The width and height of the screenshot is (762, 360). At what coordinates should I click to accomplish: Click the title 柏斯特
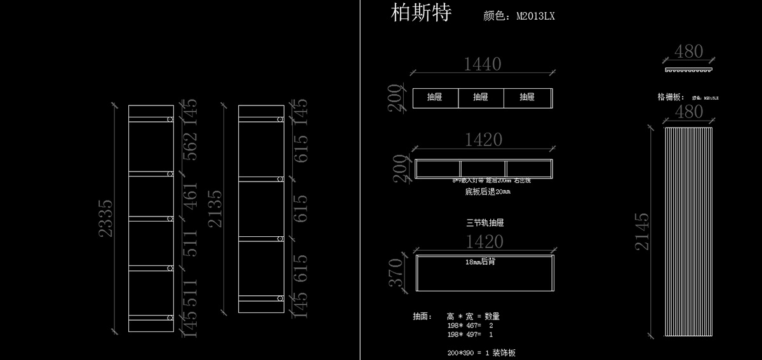(x=421, y=13)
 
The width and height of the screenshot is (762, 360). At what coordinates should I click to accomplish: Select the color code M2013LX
(x=535, y=17)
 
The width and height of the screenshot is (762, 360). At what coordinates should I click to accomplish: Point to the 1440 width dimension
(x=483, y=64)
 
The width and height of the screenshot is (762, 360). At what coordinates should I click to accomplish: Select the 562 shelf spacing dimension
(x=190, y=146)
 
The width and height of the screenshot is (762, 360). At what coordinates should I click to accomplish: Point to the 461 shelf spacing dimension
(x=190, y=196)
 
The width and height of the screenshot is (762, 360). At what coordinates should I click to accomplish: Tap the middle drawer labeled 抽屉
(x=481, y=97)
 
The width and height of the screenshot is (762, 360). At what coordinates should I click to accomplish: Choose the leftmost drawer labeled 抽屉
(x=435, y=97)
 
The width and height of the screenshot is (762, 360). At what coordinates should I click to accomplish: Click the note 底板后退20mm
(x=488, y=190)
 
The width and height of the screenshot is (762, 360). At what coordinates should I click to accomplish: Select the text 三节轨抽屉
(x=485, y=223)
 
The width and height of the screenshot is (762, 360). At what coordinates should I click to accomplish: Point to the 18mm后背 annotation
(x=480, y=261)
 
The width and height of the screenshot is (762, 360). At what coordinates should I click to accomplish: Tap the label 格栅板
(x=671, y=97)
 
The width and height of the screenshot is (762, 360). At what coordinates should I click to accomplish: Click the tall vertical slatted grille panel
(x=689, y=232)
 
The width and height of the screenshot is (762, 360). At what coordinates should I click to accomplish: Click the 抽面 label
(x=422, y=316)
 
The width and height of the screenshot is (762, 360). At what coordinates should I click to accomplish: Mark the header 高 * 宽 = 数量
(x=473, y=316)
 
